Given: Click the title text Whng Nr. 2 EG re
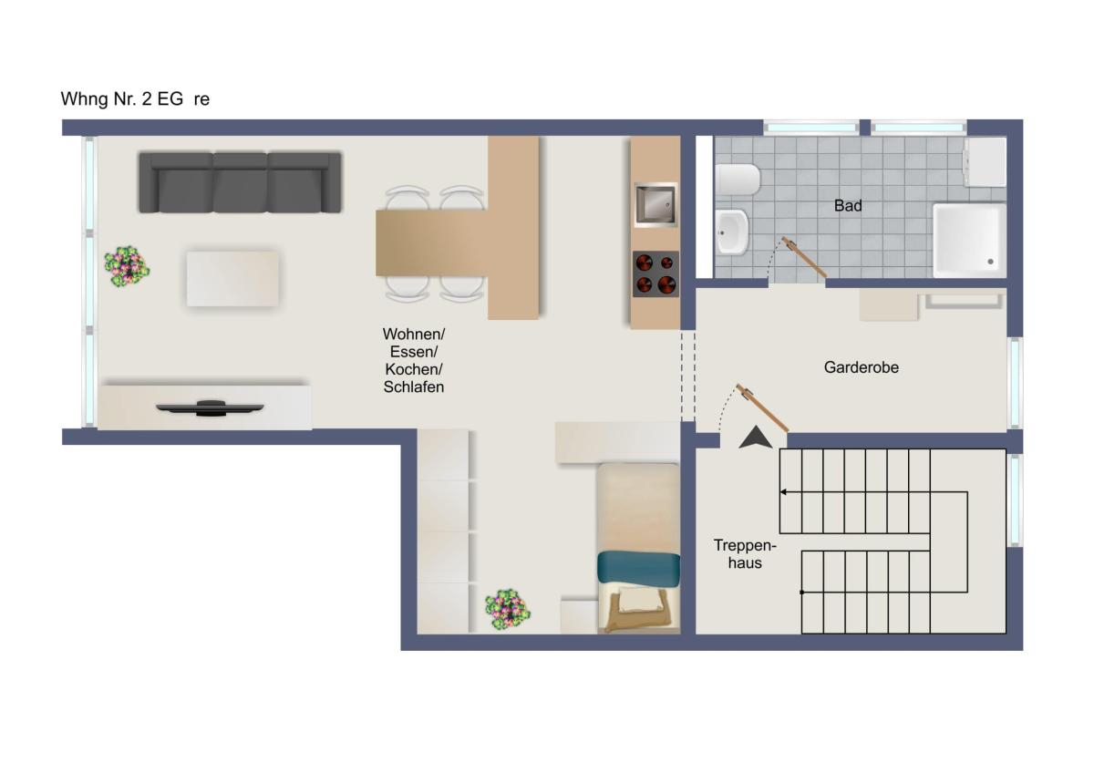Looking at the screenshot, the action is point(135,99).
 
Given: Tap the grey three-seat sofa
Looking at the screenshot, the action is point(240,182).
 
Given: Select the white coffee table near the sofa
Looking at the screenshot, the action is point(232,279).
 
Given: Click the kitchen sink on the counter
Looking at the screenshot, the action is point(655,204).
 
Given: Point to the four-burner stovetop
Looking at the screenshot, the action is point(655,274).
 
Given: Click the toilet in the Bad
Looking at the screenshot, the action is point(738,180).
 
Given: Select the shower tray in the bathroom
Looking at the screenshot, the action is point(969,241).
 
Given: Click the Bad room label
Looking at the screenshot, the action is point(848,206).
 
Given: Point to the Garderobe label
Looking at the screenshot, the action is point(861,367).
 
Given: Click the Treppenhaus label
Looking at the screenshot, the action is point(745,553).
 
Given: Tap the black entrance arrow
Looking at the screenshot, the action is point(756,437).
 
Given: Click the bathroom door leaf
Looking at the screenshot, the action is point(804,257).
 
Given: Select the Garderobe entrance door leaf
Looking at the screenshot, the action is point(762,407).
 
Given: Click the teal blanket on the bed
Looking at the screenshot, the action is point(638,569).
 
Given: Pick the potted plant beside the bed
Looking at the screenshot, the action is point(508,610).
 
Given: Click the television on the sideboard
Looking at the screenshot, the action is point(210,407).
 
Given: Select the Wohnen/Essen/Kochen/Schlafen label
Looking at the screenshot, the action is point(414,360).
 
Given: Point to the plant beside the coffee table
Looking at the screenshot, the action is point(127,266).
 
